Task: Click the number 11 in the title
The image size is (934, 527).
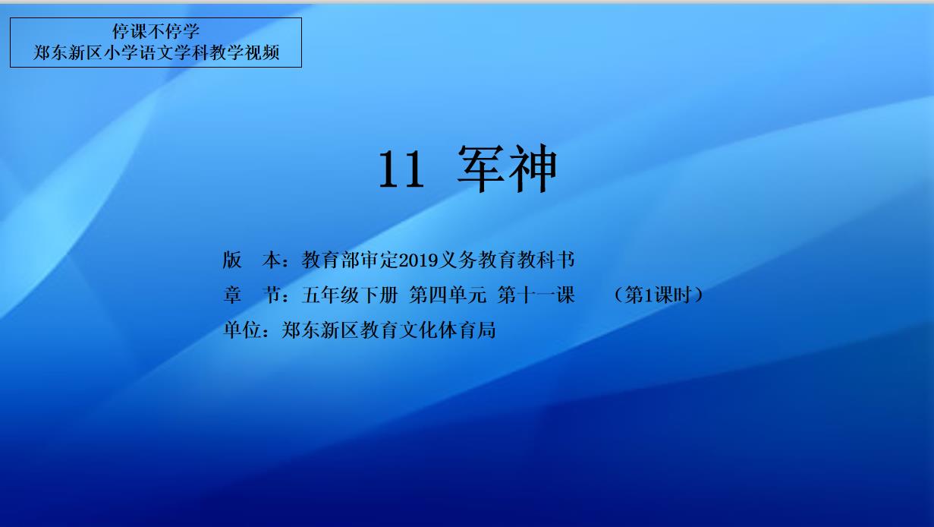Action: pyautogui.click(x=401, y=169)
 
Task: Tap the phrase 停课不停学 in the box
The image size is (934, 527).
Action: pyautogui.click(x=156, y=31)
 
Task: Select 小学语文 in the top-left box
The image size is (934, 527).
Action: pyautogui.click(x=138, y=52)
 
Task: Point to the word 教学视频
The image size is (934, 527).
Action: pyautogui.click(x=244, y=52)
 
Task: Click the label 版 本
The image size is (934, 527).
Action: pyautogui.click(x=252, y=260)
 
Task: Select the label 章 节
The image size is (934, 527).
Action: pyautogui.click(x=252, y=295)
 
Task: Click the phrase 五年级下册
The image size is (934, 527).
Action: pyautogui.click(x=350, y=295)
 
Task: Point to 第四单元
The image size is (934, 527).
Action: pyautogui.click(x=448, y=295)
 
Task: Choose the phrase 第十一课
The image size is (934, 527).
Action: pyautogui.click(x=536, y=295)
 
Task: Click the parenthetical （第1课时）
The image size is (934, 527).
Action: pyautogui.click(x=659, y=295)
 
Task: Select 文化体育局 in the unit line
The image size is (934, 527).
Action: pyautogui.click(x=448, y=330)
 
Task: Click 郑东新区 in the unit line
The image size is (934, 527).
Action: pyautogui.click(x=320, y=330)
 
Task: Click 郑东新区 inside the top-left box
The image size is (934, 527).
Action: pyautogui.click(x=68, y=52)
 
